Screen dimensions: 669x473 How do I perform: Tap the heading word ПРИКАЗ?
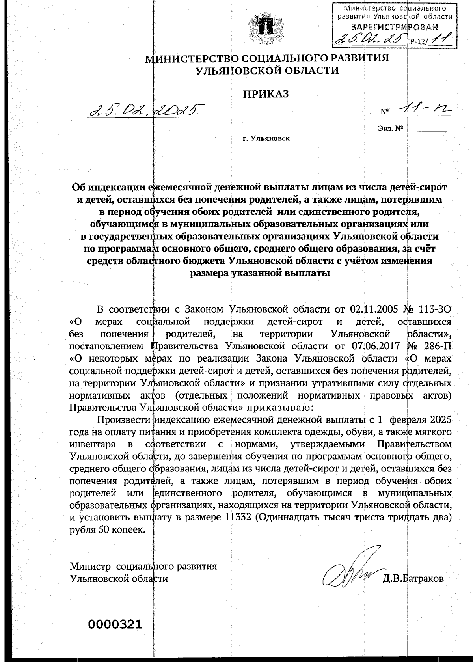271,94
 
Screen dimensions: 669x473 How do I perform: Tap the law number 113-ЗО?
433,308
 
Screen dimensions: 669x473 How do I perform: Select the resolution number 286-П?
434,346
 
